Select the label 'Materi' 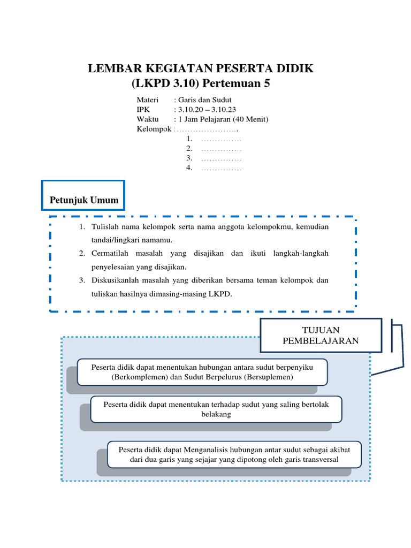click(148, 100)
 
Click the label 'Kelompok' click(154, 129)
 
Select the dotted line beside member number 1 click(222, 140)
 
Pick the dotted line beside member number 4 click(222, 169)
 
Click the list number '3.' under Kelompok click(189, 159)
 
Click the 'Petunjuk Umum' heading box click(83, 201)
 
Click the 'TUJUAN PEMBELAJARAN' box click(321, 336)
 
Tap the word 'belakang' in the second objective click(216, 414)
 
